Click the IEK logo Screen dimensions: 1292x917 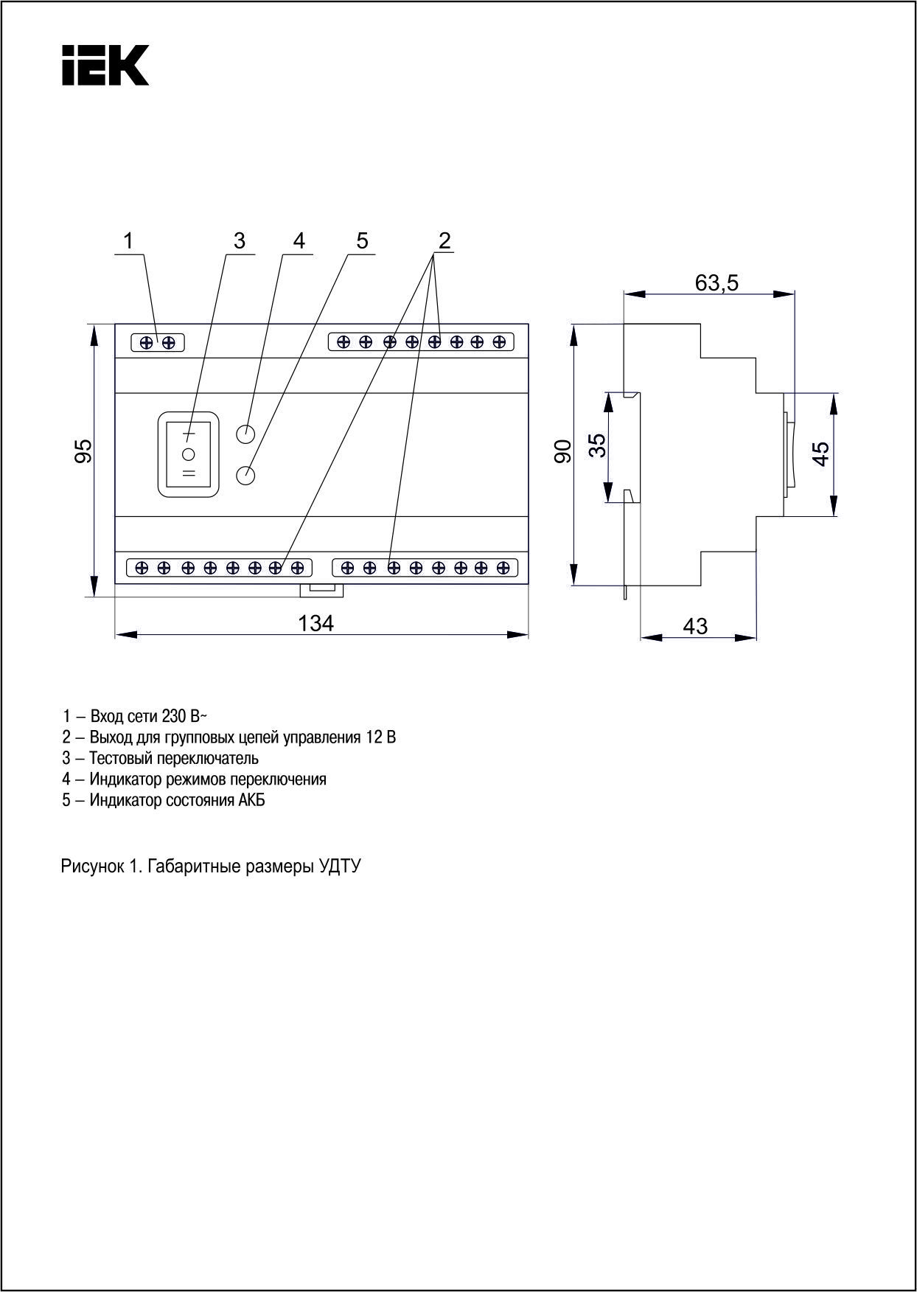coord(105,65)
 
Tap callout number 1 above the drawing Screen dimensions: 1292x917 coord(129,240)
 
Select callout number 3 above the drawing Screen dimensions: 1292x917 coord(239,240)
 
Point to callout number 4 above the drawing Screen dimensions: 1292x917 coord(299,240)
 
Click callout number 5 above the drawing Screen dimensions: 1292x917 coord(362,240)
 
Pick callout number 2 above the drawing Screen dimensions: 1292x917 coord(444,240)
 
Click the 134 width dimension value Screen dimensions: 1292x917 coord(315,624)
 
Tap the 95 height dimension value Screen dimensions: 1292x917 coord(84,451)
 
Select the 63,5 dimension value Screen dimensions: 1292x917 coord(716,282)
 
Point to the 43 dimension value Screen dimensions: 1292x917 coord(695,626)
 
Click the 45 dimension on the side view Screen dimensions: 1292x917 coord(821,454)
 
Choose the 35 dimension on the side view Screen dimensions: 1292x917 coord(598,445)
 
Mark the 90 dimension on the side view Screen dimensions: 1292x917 coord(563,451)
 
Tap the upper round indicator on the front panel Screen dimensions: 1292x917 coord(245,434)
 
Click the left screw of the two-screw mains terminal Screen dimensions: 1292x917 coord(147,342)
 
